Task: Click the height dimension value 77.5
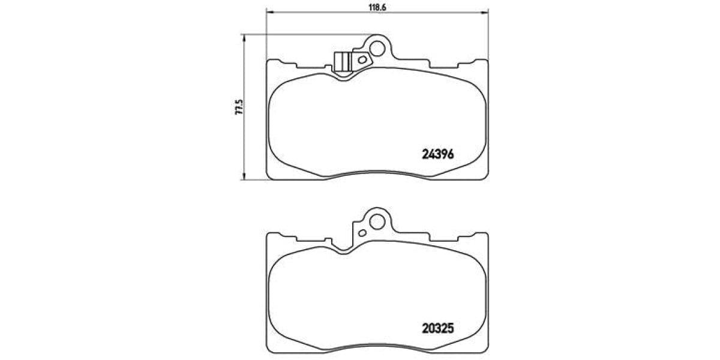click(x=239, y=107)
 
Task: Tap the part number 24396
click(x=437, y=154)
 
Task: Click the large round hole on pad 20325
click(x=377, y=221)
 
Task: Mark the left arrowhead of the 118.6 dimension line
click(x=269, y=13)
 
